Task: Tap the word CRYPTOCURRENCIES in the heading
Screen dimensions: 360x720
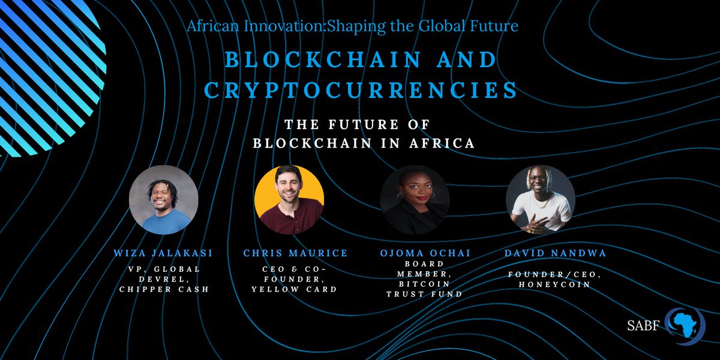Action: (x=361, y=90)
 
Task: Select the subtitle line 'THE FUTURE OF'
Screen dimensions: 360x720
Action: (x=360, y=125)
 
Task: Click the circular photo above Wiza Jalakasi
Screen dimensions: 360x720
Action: (x=163, y=200)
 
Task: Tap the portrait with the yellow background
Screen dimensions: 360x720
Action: (x=289, y=200)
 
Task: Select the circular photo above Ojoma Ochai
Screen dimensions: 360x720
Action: (x=415, y=200)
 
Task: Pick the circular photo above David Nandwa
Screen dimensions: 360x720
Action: (x=541, y=200)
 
